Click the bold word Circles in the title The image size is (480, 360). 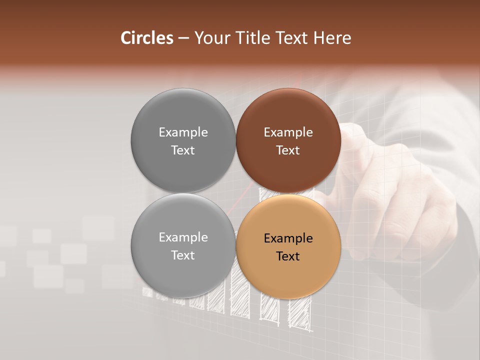[146, 38]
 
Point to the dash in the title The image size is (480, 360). [183, 38]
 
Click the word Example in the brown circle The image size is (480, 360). [288, 132]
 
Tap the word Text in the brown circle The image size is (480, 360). [288, 150]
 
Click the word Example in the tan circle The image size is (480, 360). [288, 238]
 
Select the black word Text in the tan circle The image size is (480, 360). [288, 256]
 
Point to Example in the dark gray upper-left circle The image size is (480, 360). [183, 132]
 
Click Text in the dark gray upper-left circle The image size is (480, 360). [183, 150]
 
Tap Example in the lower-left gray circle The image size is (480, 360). [183, 237]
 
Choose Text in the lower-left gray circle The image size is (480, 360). [183, 255]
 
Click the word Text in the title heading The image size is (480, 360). [291, 38]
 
